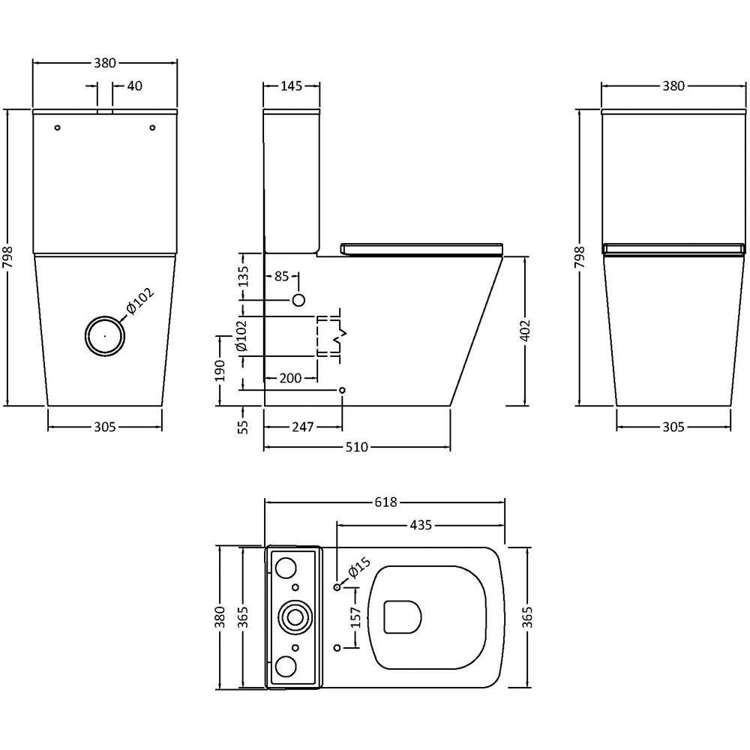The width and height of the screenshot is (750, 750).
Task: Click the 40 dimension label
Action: click(135, 85)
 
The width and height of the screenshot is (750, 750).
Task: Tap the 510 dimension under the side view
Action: click(356, 448)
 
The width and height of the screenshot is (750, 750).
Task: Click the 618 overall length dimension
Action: click(384, 502)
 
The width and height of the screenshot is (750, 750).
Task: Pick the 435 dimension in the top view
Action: click(421, 525)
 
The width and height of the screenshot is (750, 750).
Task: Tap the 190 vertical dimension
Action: click(220, 370)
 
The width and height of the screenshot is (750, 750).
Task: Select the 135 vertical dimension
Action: click(242, 277)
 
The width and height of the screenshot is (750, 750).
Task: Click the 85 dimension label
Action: click(281, 277)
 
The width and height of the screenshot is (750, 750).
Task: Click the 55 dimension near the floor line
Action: click(242, 427)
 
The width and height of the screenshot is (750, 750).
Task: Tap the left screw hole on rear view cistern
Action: click(58, 128)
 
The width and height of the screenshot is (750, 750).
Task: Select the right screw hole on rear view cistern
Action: click(152, 128)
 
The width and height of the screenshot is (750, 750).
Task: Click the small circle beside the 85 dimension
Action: click(298, 300)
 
